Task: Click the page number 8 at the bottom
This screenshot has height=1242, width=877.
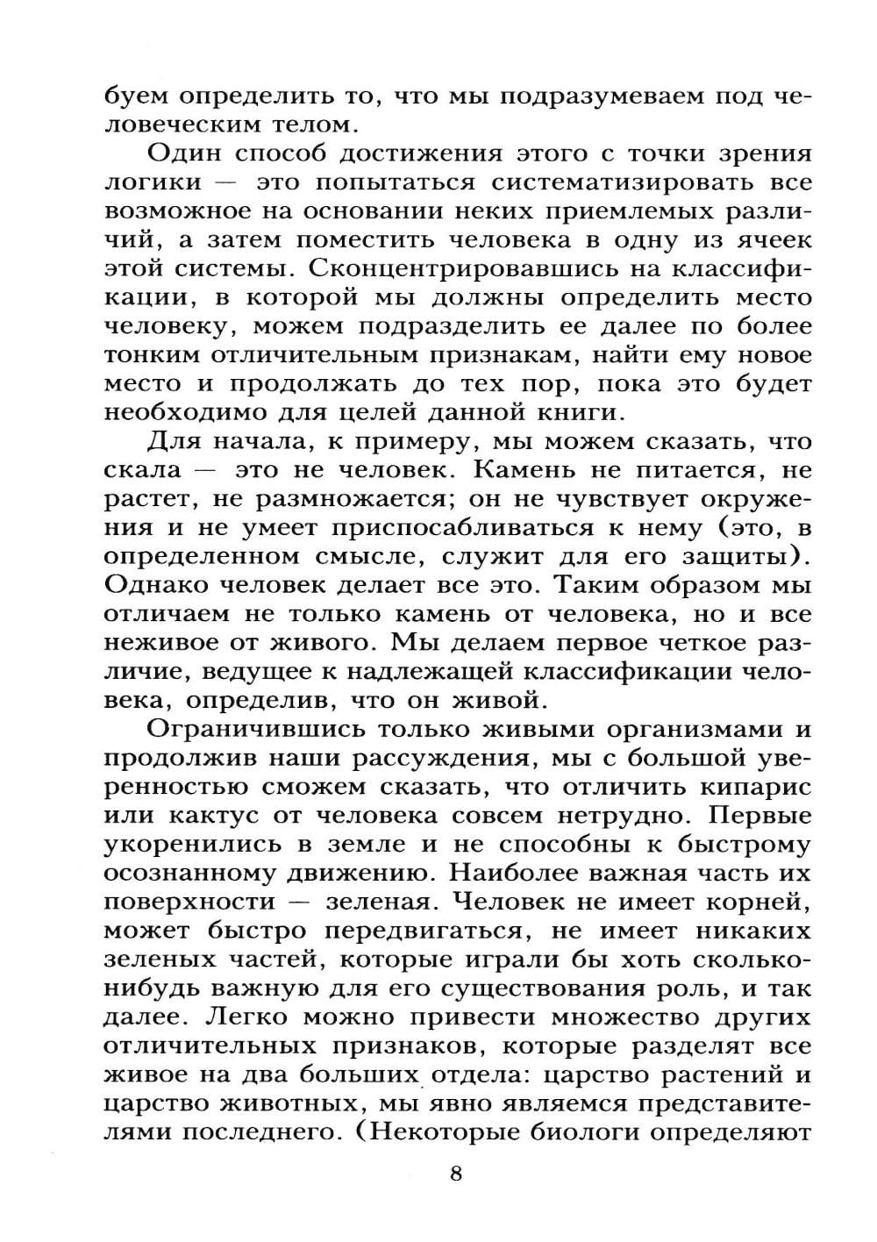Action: [455, 1173]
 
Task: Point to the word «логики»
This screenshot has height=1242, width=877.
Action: [153, 182]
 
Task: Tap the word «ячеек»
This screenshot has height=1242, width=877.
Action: [761, 239]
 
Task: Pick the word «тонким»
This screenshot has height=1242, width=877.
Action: [152, 355]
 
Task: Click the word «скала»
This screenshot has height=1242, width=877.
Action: [142, 470]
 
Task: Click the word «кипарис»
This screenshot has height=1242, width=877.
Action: [756, 787]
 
